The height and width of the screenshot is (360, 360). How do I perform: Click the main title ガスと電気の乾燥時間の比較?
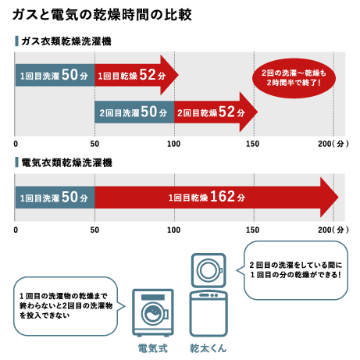coord(102,15)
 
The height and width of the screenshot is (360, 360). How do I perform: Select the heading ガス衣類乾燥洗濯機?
coord(66,41)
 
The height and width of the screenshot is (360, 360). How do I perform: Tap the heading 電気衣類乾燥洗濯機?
coord(66,162)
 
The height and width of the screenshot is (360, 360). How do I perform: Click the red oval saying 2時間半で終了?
coord(294,78)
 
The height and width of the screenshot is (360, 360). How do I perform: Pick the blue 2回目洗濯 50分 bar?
coord(134,112)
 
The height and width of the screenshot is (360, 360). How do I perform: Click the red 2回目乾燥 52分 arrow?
coord(216,112)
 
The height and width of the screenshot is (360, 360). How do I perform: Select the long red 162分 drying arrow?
coord(216,198)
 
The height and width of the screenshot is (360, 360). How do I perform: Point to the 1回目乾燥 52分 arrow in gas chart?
coord(137,75)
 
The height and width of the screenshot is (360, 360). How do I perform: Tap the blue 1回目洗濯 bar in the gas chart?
coord(55,75)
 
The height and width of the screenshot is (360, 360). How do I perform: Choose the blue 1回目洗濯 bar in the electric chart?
coord(55,198)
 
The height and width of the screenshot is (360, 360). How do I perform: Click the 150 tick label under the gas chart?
coord(252,144)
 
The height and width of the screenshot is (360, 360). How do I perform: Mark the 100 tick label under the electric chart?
coord(173,230)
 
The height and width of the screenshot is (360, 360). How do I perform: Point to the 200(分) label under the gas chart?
coord(333,144)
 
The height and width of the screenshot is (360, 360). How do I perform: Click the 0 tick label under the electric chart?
coord(16,230)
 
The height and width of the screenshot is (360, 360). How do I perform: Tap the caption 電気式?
coord(153,348)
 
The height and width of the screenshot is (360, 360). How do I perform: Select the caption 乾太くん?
coord(208,348)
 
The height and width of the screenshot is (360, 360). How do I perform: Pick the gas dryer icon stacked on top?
coord(209,270)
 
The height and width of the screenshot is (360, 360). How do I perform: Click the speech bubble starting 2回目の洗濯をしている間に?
coord(295,270)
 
